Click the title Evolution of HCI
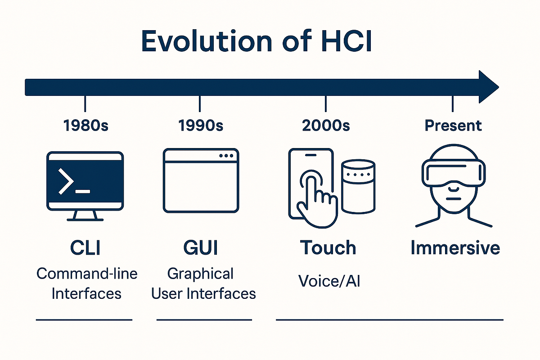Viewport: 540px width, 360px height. [256, 41]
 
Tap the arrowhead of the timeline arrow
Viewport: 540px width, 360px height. [488, 87]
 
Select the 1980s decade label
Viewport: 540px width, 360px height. [85, 126]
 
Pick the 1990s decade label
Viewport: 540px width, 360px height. [200, 126]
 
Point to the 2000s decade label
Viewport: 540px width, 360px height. [326, 126]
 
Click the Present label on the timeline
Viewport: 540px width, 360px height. [453, 126]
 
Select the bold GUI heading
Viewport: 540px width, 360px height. [201, 248]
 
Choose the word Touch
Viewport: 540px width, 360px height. [328, 248]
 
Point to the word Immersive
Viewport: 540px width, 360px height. [455, 248]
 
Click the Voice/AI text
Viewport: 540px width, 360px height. [329, 281]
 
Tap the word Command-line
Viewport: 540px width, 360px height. [87, 273]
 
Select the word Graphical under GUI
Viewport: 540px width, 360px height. [200, 273]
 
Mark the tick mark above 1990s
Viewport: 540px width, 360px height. [200, 103]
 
